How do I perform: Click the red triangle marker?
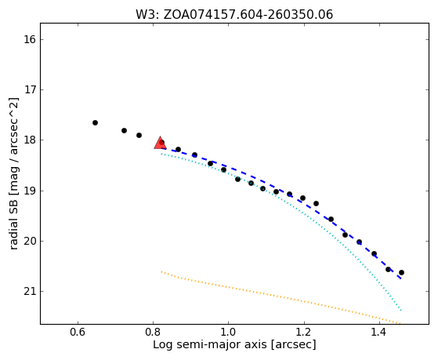pos(160,143)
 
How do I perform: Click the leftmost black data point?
pos(95,122)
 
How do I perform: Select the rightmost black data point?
pos(401,272)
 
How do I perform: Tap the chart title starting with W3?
pos(234,15)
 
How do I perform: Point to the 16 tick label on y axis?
pos(30,39)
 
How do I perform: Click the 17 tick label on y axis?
pos(30,89)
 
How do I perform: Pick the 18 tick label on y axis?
pos(30,140)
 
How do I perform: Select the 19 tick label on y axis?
pos(30,191)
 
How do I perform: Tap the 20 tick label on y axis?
pos(30,241)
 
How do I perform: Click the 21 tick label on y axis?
pos(30,292)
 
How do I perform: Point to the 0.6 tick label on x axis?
pos(78,332)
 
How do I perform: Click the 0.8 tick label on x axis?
pos(153,332)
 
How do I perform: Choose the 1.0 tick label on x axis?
pos(229,332)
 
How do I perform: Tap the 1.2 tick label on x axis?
pos(304,332)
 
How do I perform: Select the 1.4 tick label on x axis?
pos(379,332)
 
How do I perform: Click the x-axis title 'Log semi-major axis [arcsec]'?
pos(234,345)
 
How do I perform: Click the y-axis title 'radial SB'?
pos(13,224)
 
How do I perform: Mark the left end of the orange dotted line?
pos(161,271)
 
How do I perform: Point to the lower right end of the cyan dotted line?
pos(401,310)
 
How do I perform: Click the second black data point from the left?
pos(124,130)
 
